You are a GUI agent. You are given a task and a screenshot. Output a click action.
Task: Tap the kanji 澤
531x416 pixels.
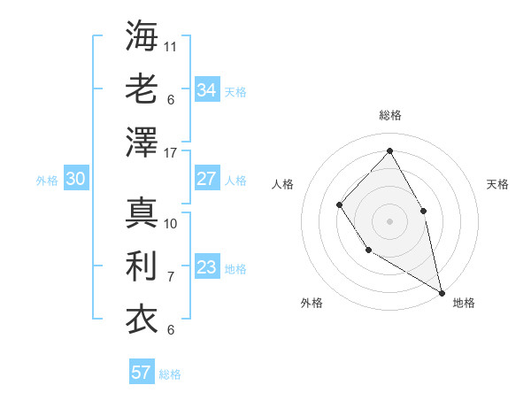coord(142,142)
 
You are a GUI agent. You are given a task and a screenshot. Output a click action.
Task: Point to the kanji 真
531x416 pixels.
coord(142,212)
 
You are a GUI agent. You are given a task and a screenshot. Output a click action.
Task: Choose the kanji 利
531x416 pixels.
coord(142,266)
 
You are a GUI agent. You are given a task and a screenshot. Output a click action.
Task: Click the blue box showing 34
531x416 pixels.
coord(207,89)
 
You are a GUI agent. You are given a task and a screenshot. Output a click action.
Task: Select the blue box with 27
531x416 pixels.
coord(207,179)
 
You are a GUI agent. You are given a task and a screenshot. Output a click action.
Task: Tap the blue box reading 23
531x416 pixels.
coord(207,267)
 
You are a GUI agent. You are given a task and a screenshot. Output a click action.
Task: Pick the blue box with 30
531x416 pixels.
coord(76,179)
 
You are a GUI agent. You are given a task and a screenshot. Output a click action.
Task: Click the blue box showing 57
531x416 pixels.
coord(141,373)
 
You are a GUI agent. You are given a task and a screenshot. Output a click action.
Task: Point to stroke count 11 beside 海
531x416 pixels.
coord(171,45)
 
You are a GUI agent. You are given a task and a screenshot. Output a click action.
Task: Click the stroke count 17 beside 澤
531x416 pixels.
coord(171,153)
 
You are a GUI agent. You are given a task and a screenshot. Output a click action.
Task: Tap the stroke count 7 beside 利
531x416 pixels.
coord(171,277)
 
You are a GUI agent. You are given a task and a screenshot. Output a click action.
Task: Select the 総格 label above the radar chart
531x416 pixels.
coord(389,115)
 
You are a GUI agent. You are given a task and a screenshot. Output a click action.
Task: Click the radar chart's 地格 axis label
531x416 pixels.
coord(464,304)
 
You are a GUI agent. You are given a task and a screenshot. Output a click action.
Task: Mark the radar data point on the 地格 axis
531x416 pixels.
coord(442,292)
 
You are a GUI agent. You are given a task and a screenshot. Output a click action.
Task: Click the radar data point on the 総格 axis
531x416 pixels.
coord(389,150)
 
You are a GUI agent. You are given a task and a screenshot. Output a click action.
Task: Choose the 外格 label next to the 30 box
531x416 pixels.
coord(47,181)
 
